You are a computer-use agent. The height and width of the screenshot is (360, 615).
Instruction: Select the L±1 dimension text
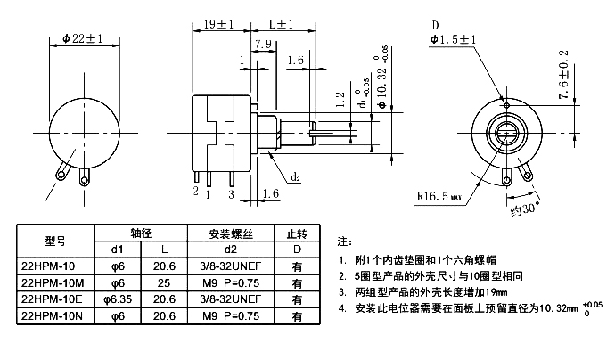pos(283,25)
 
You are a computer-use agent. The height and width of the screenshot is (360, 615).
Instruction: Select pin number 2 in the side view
pos(195,190)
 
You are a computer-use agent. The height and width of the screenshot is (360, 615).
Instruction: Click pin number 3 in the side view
pos(231,193)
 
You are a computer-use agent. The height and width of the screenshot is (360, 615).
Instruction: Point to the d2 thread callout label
pos(295,177)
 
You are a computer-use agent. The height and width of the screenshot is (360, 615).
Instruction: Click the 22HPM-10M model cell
pos(52,282)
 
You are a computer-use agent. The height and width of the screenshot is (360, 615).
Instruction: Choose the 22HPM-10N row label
pos(52,315)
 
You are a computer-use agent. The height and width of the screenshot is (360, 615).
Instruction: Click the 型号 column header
pos(55,241)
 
